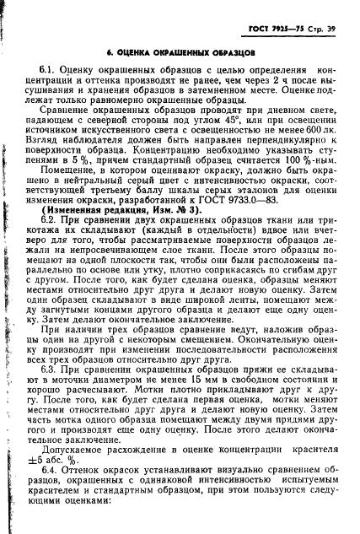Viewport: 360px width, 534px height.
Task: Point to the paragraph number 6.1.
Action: pyautogui.click(x=48, y=70)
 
